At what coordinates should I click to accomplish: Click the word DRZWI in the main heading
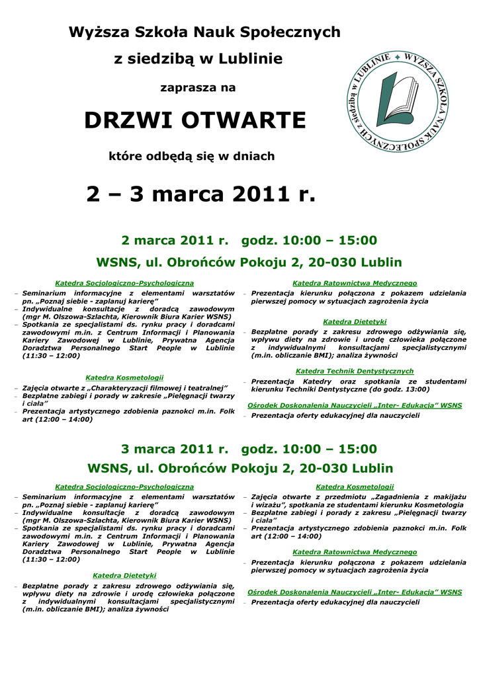point(127,121)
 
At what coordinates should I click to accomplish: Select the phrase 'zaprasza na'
point(198,87)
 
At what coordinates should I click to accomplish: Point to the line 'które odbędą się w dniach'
point(191,157)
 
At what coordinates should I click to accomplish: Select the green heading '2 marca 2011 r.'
point(175,240)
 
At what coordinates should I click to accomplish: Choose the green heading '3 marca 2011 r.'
point(175,450)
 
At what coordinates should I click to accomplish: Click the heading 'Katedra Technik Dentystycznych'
point(355,372)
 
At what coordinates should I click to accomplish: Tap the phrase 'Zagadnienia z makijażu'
point(420,497)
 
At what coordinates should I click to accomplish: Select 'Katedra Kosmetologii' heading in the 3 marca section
point(355,487)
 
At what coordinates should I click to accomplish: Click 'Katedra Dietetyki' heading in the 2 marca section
point(355,322)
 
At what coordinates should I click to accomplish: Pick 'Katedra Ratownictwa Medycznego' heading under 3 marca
point(355,552)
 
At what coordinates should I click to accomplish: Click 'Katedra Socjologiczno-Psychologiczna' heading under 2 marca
point(124,283)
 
